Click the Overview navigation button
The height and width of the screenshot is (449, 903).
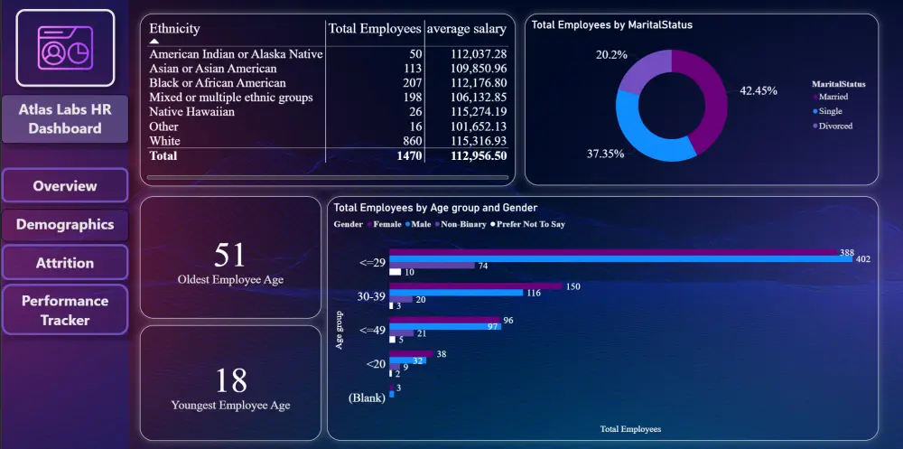point(65,186)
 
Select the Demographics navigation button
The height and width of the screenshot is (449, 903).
point(65,225)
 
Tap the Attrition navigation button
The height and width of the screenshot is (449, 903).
point(65,263)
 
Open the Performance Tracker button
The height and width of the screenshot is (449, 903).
point(65,310)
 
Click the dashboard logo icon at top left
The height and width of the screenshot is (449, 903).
point(65,48)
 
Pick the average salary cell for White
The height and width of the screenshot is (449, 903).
point(478,141)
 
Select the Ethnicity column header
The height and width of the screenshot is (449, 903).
point(175,29)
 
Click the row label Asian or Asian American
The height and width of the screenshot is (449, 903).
point(213,69)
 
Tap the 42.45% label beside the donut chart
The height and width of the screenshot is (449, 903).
point(758,90)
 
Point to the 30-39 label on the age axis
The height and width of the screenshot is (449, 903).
point(371,295)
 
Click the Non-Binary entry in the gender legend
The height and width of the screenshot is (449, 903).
point(462,224)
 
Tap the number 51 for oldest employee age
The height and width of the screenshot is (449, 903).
point(230,255)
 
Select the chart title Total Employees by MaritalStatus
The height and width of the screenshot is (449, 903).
point(611,25)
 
